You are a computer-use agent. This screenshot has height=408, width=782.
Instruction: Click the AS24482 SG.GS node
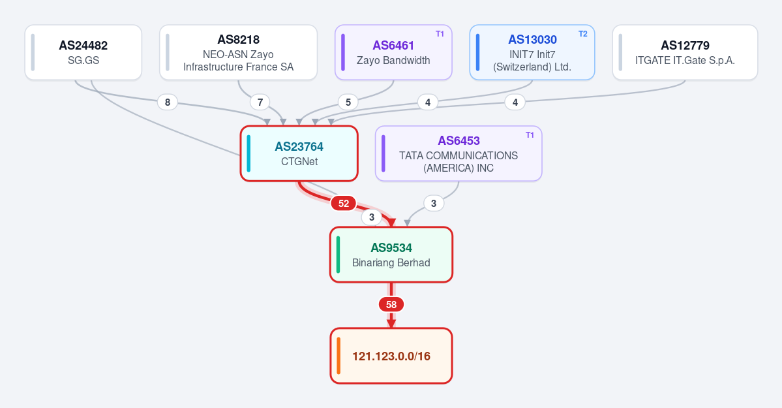pos(83,52)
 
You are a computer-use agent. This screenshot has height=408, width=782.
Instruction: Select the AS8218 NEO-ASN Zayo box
pos(239,52)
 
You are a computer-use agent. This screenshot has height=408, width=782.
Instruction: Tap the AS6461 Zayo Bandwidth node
pos(393,52)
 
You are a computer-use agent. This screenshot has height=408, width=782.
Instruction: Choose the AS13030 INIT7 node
pos(532,52)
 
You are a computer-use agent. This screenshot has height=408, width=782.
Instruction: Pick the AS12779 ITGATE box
pos(685,52)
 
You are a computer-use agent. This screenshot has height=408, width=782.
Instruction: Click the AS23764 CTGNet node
pos(299,153)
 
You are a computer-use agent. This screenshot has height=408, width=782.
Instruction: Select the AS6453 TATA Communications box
pos(459,153)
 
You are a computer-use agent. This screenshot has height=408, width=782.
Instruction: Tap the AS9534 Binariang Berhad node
pos(391,255)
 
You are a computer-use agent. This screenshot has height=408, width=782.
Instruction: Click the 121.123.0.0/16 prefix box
pos(391,356)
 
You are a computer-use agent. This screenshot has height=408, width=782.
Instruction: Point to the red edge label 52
pos(344,203)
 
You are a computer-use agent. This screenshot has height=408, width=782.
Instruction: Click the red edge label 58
pos(391,305)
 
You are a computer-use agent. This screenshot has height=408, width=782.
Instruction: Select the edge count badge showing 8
pos(168,102)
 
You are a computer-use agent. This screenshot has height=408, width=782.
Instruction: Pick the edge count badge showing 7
pos(260,102)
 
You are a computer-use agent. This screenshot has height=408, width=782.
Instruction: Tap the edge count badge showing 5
pos(348,102)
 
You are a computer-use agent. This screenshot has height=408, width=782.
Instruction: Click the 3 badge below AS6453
pos(433,203)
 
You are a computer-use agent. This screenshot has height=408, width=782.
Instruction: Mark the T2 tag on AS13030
pos(583,34)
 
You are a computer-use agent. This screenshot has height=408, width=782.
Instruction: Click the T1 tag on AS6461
pos(440,34)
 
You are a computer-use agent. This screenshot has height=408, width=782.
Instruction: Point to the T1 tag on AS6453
pos(530,135)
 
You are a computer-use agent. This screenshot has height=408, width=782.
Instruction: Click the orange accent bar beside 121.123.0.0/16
pos(338,356)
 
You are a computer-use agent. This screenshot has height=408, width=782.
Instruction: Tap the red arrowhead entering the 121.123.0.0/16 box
pos(391,324)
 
